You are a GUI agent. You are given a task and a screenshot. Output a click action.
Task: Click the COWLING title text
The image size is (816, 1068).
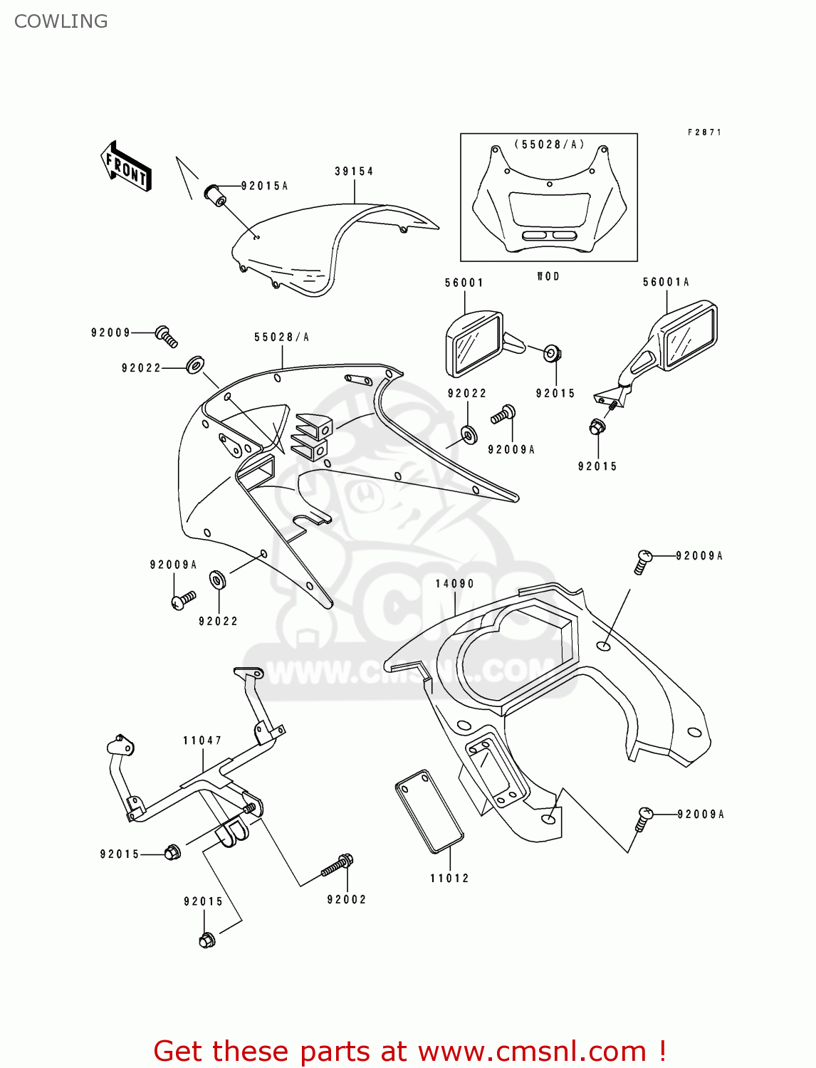[61, 21]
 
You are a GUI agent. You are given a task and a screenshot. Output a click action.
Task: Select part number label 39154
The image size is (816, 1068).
[354, 171]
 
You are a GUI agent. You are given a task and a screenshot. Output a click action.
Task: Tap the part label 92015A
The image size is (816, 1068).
[264, 186]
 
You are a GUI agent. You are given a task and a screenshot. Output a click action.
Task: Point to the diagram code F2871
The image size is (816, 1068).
[704, 132]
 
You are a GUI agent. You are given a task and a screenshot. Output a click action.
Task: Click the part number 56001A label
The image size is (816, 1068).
[666, 282]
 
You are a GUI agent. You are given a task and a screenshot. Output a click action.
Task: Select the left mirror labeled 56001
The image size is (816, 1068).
[474, 344]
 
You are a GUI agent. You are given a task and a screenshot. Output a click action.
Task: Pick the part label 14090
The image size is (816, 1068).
[454, 583]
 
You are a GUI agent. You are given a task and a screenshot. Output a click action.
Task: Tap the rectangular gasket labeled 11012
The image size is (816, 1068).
[429, 810]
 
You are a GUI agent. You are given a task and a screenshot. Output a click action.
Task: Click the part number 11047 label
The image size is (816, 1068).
[202, 740]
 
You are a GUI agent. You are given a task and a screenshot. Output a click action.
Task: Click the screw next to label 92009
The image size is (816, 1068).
[167, 335]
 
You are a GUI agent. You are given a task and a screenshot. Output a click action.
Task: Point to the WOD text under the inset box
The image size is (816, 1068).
[548, 276]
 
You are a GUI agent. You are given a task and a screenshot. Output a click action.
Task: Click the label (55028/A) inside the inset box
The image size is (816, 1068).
[549, 145]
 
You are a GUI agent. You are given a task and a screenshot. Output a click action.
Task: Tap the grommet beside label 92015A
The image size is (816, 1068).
[216, 194]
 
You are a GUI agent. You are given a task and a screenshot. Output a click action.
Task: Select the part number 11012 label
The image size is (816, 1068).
[449, 878]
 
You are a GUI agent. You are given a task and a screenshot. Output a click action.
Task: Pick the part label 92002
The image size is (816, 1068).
[346, 899]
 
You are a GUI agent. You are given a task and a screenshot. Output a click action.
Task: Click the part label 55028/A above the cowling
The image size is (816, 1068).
[281, 337]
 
